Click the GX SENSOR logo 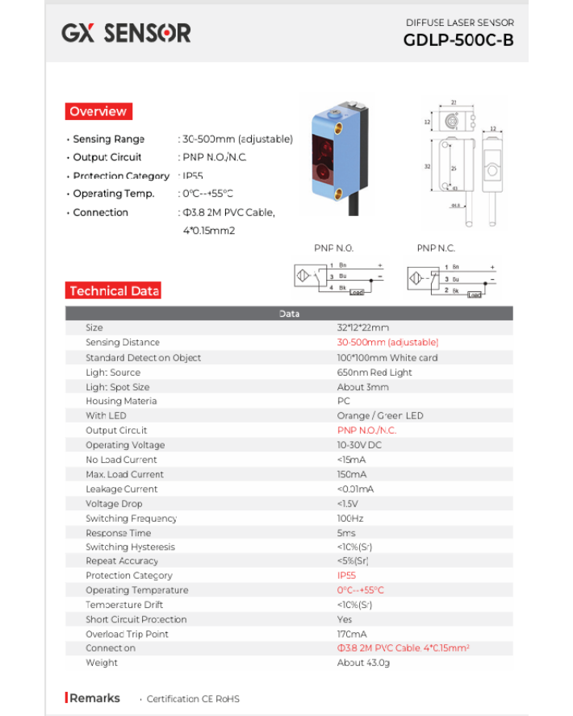[x=126, y=33]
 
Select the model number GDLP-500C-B [x=458, y=41]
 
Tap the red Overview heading [x=98, y=111]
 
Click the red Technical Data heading [x=114, y=291]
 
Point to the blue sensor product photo [x=339, y=157]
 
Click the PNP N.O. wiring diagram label [x=333, y=248]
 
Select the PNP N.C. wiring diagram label [x=436, y=248]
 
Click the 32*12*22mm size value [x=362, y=328]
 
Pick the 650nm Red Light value [x=374, y=373]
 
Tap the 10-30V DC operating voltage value [x=359, y=445]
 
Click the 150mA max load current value [x=351, y=474]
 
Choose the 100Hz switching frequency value [x=349, y=518]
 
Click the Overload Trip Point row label [x=127, y=634]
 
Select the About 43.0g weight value [x=363, y=663]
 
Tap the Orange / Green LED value [x=379, y=416]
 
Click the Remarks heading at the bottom [x=94, y=698]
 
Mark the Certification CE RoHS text [x=193, y=699]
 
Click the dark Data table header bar [x=289, y=314]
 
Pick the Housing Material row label [x=121, y=401]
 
